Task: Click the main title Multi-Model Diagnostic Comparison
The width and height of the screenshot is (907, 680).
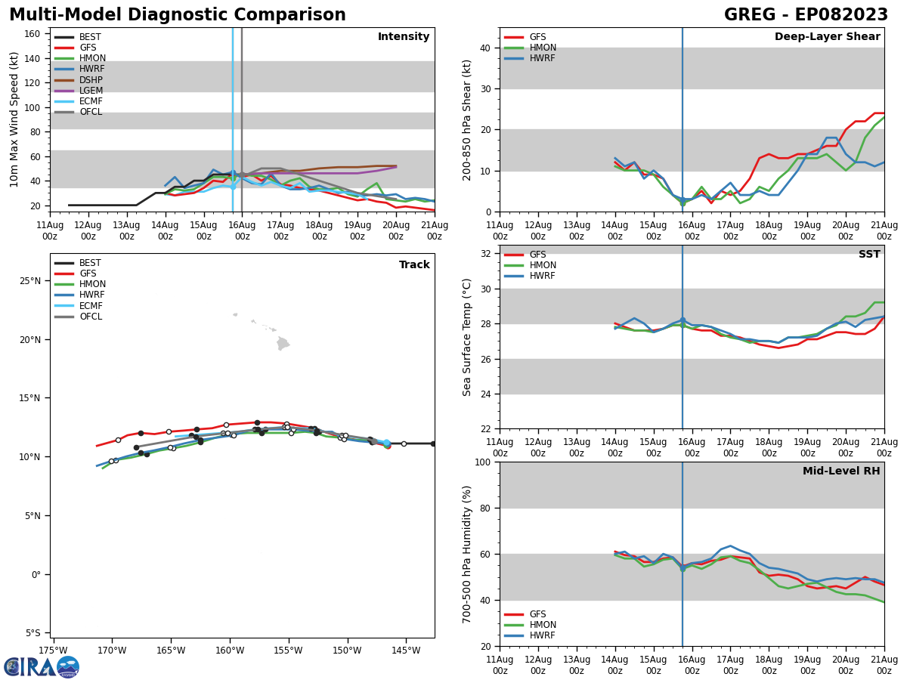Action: coord(178,15)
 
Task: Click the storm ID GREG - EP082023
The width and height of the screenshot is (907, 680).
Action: coord(806,15)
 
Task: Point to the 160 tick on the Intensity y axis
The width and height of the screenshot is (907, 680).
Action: coord(33,33)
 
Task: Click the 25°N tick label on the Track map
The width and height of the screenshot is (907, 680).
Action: coord(30,281)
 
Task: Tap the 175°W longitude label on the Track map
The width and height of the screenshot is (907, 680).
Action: coord(53,651)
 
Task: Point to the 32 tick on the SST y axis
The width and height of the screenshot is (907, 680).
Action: coord(486,254)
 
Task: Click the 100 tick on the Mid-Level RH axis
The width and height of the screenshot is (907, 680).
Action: coord(483,462)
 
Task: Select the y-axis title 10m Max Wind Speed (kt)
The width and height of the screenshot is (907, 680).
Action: coord(14,119)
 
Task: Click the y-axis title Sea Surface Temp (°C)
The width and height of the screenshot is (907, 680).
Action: coord(467,337)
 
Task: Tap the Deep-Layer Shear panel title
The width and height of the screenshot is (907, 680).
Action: coord(827,37)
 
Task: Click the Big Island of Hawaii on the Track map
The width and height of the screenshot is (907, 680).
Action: coord(283,344)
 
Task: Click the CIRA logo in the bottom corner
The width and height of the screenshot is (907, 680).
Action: coord(41,667)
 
